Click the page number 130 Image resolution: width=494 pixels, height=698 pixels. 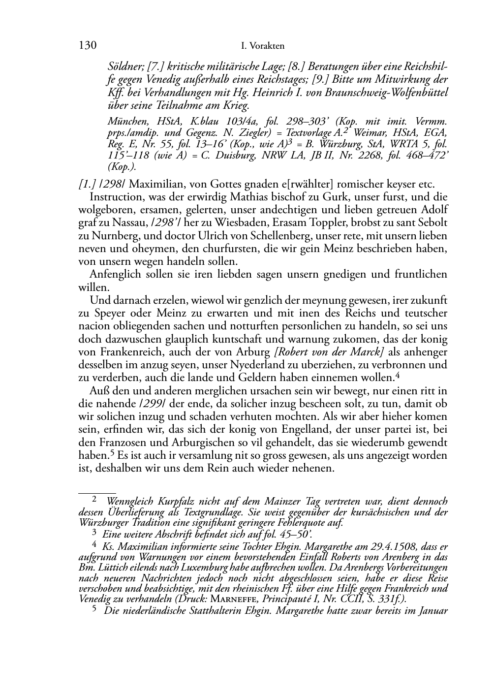pyautogui.click(x=87, y=46)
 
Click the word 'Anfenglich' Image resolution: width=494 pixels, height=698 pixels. pyautogui.click(x=114, y=274)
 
